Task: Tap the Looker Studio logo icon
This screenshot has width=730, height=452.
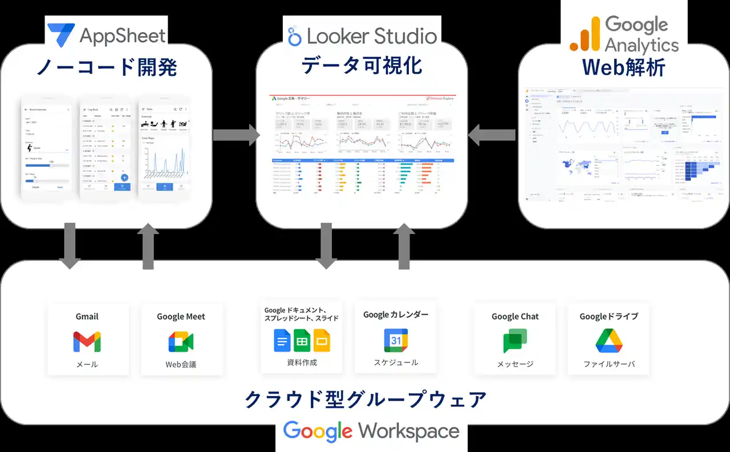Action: [x=294, y=36]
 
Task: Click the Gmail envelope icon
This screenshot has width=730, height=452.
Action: [x=87, y=341]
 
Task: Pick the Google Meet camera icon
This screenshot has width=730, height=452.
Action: [x=181, y=341]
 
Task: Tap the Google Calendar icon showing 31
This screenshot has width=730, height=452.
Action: [x=396, y=340]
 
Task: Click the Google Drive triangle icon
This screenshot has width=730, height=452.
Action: [x=609, y=341]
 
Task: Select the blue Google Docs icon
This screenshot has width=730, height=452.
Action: [x=282, y=341]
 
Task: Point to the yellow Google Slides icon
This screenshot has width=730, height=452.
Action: [x=322, y=341]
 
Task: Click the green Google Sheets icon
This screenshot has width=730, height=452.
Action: [x=302, y=341]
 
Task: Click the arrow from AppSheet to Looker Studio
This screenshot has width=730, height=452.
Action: [x=236, y=135]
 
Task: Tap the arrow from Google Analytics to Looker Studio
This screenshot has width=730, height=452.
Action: [x=492, y=135]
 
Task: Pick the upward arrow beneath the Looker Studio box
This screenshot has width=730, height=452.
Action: [x=404, y=247]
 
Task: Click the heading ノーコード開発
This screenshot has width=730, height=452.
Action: [x=107, y=67]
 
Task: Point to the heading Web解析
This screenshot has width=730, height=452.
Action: [x=623, y=67]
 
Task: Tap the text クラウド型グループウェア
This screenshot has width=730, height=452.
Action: [x=365, y=399]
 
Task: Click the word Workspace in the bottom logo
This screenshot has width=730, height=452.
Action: [x=408, y=431]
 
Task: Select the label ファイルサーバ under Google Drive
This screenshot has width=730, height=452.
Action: [x=609, y=364]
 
